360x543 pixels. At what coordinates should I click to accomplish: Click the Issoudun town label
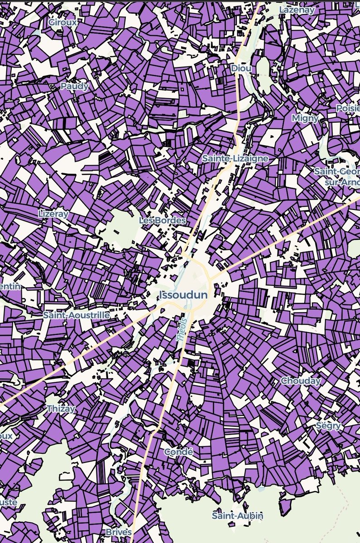click(183, 295)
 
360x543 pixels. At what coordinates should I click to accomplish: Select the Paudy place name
click(75, 86)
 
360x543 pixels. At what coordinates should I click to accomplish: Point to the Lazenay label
click(297, 10)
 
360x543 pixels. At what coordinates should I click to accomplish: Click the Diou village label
click(240, 68)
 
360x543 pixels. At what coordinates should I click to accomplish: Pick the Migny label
click(305, 118)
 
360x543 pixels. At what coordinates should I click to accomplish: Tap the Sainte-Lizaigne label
click(235, 159)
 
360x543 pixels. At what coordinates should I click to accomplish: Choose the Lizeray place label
click(53, 213)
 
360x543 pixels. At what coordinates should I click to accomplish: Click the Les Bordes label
click(163, 221)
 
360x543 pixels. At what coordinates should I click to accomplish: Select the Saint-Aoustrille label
click(76, 315)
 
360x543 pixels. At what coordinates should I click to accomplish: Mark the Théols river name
click(182, 331)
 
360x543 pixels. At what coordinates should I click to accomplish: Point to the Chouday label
click(301, 381)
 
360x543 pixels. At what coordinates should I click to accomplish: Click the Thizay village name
click(61, 409)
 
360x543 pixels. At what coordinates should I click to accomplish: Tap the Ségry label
click(329, 426)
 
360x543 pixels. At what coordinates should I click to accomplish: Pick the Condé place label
click(178, 452)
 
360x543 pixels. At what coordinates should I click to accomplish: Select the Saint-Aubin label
click(237, 515)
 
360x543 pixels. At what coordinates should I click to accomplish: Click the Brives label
click(118, 532)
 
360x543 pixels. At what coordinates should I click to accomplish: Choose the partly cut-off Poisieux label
click(348, 109)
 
